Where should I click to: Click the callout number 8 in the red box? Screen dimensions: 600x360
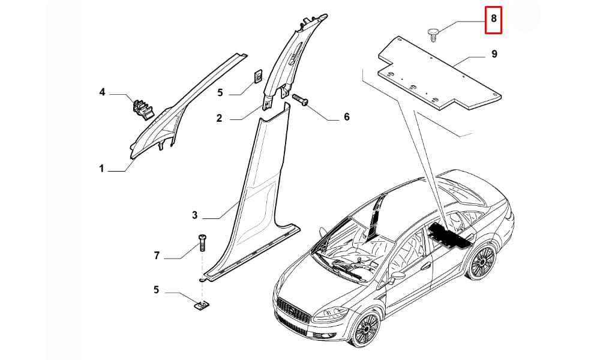pyautogui.click(x=494, y=18)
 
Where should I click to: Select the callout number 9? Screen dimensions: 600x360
pyautogui.click(x=494, y=54)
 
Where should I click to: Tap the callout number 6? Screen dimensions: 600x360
pyautogui.click(x=347, y=116)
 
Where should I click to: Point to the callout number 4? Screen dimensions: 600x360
pyautogui.click(x=102, y=92)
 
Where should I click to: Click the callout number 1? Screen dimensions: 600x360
pyautogui.click(x=101, y=169)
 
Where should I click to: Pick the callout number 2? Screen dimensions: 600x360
pyautogui.click(x=219, y=118)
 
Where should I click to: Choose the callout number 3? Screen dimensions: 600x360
pyautogui.click(x=194, y=215)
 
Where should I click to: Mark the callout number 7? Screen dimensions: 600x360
pyautogui.click(x=157, y=256)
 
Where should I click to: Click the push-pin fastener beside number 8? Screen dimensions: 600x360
pyautogui.click(x=433, y=34)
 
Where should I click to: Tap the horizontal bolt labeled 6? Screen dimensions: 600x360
pyautogui.click(x=300, y=99)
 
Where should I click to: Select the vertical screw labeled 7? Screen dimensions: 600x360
pyautogui.click(x=202, y=242)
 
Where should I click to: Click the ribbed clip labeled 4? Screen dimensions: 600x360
pyautogui.click(x=142, y=108)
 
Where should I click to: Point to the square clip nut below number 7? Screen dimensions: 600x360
pyautogui.click(x=201, y=305)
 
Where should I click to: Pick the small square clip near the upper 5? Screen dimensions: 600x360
pyautogui.click(x=258, y=76)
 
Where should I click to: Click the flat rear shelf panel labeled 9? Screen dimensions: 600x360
pyautogui.click(x=439, y=73)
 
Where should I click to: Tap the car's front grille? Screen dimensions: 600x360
pyautogui.click(x=293, y=311)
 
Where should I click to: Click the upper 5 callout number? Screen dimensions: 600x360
pyautogui.click(x=220, y=92)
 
